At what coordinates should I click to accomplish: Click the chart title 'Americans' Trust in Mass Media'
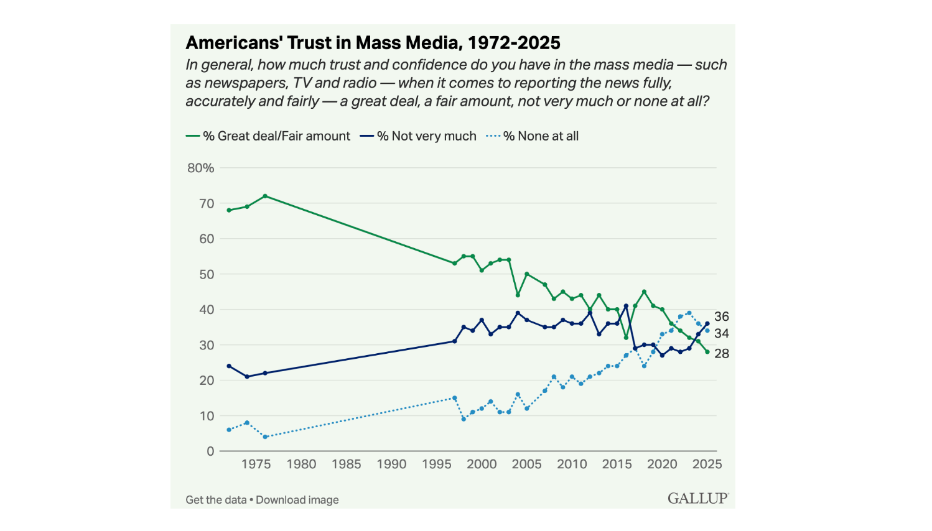373,43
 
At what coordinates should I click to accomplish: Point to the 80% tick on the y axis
200,168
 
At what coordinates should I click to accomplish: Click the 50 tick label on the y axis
206,274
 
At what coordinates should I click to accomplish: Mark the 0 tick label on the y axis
210,451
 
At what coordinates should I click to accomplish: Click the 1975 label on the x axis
256,464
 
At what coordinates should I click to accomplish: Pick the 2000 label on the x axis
482,464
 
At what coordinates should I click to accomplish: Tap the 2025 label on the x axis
707,464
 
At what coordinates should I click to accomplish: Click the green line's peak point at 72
265,196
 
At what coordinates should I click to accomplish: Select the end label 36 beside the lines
722,316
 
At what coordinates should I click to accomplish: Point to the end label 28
722,353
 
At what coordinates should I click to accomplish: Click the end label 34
722,334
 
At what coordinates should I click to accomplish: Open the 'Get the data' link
216,500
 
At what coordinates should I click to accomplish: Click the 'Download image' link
297,500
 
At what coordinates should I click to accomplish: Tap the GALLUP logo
698,498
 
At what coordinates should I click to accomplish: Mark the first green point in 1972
229,210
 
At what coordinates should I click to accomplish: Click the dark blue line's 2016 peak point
626,306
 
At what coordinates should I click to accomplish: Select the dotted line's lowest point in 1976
265,437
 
